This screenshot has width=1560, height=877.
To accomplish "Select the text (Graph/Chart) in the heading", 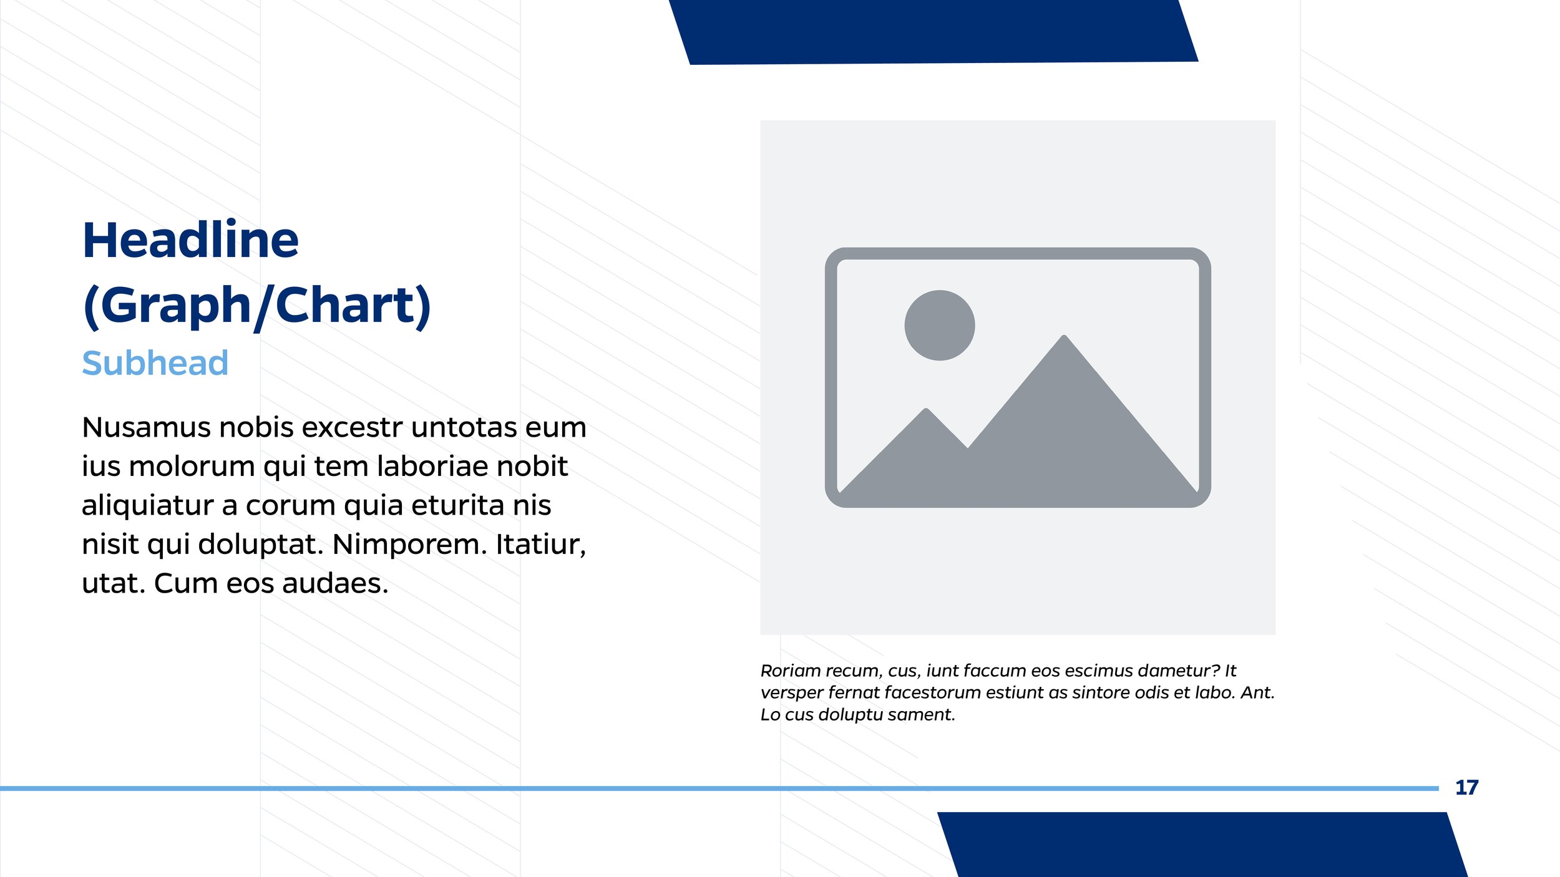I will (256, 306).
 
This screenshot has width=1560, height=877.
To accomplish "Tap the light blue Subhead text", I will (155, 363).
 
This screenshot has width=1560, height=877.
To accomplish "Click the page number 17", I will (1466, 788).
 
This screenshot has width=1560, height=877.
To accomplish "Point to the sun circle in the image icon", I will (939, 325).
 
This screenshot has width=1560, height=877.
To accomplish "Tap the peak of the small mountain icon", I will (927, 412).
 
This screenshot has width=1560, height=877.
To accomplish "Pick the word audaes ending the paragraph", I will (335, 584).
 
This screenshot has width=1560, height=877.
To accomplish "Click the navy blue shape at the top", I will (933, 31).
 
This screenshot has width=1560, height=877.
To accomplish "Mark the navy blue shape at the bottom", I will (1201, 845).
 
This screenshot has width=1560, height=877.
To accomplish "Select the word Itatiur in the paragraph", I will (540, 545).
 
